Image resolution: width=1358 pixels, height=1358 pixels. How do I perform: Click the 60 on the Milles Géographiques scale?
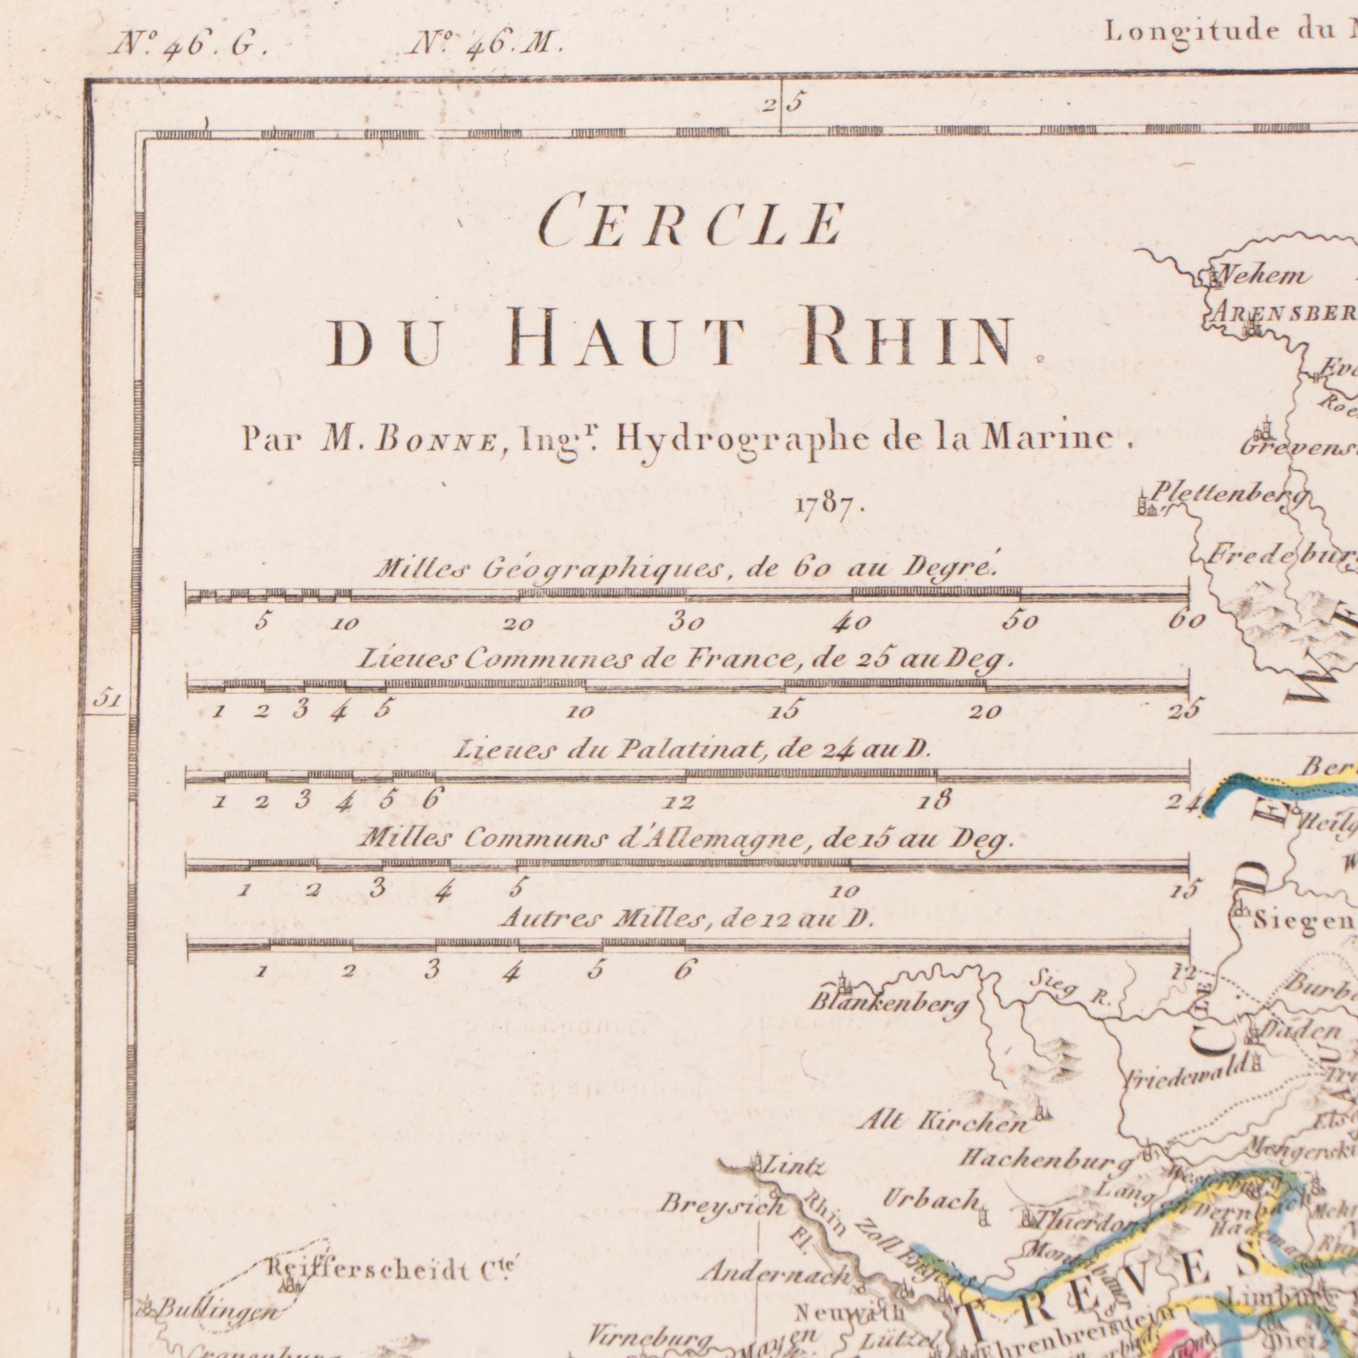1187,621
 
